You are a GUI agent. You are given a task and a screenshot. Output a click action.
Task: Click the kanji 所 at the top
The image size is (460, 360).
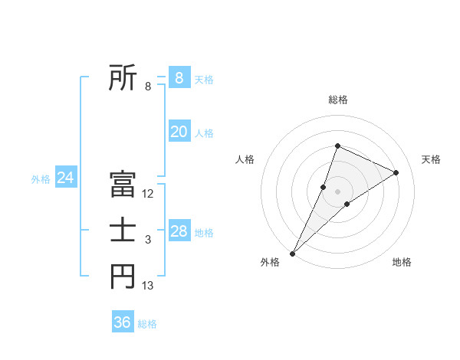[123, 77]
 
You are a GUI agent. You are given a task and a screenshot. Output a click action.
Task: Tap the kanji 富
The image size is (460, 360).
[123, 185]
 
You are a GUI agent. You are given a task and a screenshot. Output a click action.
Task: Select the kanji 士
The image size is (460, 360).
[123, 231]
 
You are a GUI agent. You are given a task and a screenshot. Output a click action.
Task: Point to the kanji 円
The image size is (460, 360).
[123, 277]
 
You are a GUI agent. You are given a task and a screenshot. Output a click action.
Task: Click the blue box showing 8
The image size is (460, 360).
[179, 78]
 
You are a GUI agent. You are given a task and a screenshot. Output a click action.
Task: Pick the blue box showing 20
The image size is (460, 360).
[179, 132]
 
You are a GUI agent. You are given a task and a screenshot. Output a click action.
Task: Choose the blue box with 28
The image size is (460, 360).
[179, 231]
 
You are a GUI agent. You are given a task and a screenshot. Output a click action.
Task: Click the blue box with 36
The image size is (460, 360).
[123, 322]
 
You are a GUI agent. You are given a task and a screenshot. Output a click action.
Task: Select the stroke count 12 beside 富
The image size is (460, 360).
[148, 194]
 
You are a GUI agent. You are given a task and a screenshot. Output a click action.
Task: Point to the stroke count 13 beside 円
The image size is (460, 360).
[148, 286]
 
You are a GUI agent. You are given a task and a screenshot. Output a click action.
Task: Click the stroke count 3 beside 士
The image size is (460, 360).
[148, 241]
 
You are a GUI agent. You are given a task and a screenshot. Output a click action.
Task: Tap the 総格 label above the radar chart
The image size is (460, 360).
[338, 100]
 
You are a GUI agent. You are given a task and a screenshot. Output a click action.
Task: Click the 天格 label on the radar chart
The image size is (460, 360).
[431, 159]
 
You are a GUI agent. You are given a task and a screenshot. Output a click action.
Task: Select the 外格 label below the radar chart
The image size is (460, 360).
[270, 262]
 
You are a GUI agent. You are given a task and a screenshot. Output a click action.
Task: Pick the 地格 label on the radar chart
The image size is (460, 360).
[402, 262]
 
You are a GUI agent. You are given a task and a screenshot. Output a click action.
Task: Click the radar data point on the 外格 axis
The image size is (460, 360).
[293, 253]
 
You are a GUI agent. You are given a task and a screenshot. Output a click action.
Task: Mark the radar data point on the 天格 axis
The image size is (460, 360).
[396, 172]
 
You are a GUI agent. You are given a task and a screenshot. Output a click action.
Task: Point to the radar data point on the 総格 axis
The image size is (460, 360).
[337, 146]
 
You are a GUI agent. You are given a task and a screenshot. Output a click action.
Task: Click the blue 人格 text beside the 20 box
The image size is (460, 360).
[204, 133]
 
